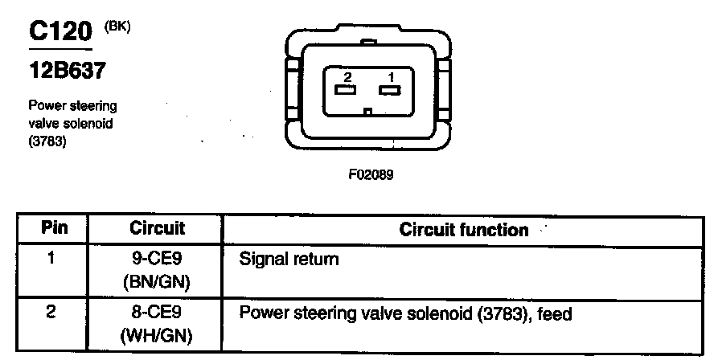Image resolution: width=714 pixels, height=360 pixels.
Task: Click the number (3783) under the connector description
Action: coord(47,142)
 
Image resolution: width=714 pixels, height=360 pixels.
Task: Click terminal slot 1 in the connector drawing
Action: coord(390,91)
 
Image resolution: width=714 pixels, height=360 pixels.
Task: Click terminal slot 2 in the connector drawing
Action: coord(346,91)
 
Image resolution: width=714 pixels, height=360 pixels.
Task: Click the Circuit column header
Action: coord(158,228)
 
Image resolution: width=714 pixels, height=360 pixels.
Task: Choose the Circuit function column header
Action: coord(463,230)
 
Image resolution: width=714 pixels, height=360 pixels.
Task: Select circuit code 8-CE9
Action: coord(158,311)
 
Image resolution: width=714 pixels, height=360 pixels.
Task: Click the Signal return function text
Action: coord(289,260)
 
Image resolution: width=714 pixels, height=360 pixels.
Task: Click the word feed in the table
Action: coord(556,313)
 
